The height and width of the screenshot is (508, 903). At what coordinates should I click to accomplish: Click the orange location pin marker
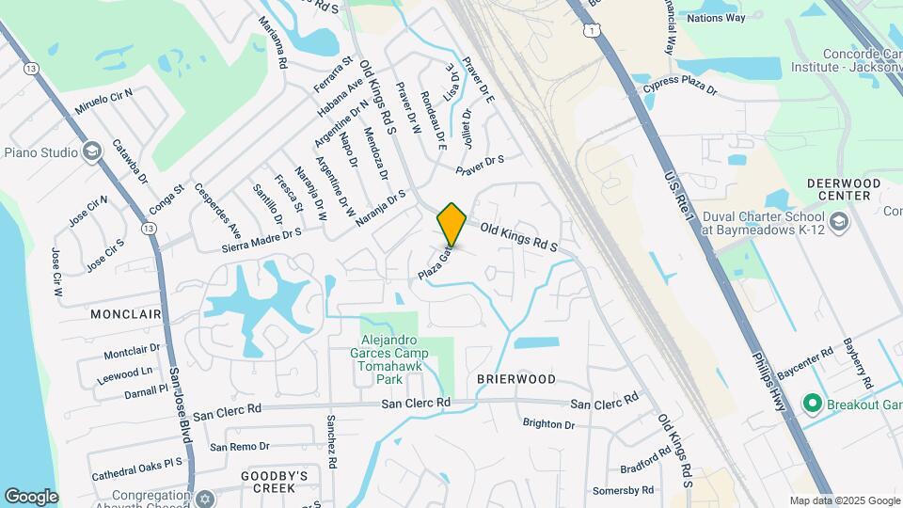[x=451, y=224]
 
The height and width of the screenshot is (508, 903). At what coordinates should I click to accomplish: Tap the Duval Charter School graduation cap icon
[x=840, y=222]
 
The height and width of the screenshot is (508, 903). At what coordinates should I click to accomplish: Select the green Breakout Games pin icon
[x=812, y=404]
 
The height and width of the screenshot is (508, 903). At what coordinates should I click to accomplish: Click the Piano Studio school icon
[x=91, y=151]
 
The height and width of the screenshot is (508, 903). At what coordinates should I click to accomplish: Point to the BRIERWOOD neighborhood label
[x=515, y=379]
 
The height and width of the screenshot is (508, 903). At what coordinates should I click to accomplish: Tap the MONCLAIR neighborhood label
[x=127, y=313]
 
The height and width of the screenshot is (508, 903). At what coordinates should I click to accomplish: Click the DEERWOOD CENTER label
[x=844, y=188]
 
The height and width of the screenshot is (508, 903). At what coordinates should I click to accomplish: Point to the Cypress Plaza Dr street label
[x=680, y=90]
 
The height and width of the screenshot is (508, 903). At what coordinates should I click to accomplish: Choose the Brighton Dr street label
[x=548, y=424]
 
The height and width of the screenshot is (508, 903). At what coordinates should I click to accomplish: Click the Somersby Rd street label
[x=623, y=490]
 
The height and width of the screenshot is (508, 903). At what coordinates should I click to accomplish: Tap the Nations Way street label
[x=716, y=18]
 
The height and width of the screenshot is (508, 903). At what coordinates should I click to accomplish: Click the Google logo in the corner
[x=31, y=496]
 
